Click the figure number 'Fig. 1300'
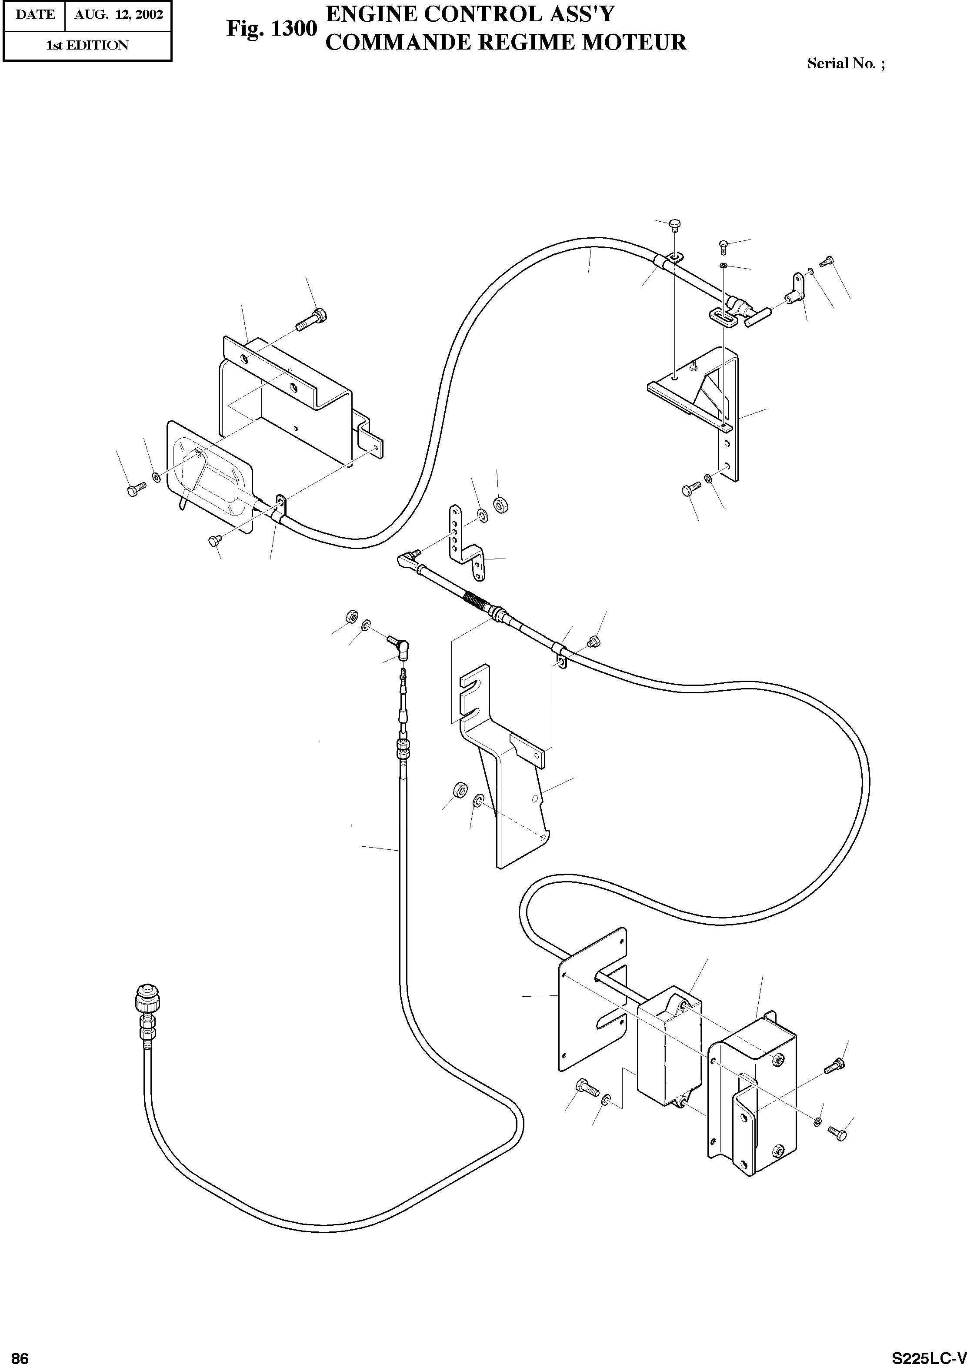click(x=271, y=29)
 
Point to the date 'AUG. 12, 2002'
click(x=119, y=14)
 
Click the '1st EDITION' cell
click(x=87, y=45)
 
